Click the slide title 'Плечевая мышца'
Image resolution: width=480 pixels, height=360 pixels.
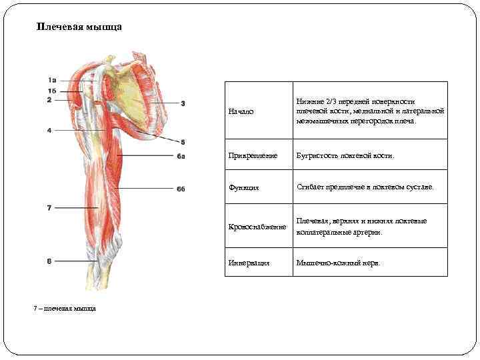pos(79,28)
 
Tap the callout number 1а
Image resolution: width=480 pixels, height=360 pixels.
pos(52,81)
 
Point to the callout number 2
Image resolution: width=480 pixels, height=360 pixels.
pos(49,100)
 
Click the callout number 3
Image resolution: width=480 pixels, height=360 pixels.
pos(183,103)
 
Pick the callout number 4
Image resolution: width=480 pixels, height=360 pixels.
pos(49,130)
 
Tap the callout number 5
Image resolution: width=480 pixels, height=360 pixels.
pos(183,142)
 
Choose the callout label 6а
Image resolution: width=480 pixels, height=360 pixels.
pos(181,157)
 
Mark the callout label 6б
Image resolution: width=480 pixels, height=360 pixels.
pos(181,189)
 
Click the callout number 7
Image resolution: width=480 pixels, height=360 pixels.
pos(49,208)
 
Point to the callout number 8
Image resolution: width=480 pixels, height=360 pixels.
pos(49,261)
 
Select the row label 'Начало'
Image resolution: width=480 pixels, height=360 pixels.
pos(241,111)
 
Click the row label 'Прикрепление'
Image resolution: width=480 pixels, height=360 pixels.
pos(251,155)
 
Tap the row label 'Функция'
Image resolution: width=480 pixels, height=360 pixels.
pos(243,188)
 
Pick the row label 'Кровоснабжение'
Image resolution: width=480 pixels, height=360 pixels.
pos(257,227)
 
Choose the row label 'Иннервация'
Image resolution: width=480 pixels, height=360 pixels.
pos(249,263)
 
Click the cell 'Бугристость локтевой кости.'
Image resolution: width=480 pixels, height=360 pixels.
pos(345,155)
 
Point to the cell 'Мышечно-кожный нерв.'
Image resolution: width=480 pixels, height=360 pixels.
pos(339,263)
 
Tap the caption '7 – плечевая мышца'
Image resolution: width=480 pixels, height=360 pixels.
pos(65,308)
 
